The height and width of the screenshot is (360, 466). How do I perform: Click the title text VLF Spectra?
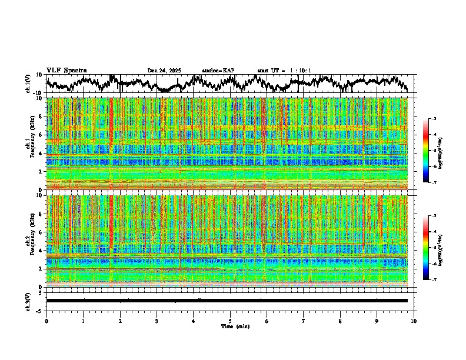pos(66,70)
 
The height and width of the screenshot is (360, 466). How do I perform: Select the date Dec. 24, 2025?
pos(164,71)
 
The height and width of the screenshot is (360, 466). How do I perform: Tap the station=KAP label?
pos(218,71)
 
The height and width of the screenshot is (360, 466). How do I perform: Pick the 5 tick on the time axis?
pos(230,321)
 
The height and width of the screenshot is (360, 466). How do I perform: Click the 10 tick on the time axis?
pos(414,321)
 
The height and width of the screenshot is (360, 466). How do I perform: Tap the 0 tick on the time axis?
pos(46,321)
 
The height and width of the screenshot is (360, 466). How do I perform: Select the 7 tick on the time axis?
pos(304,321)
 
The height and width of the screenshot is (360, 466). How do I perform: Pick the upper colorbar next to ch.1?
pos(431,151)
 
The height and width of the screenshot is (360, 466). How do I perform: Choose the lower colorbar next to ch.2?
pos(431,248)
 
